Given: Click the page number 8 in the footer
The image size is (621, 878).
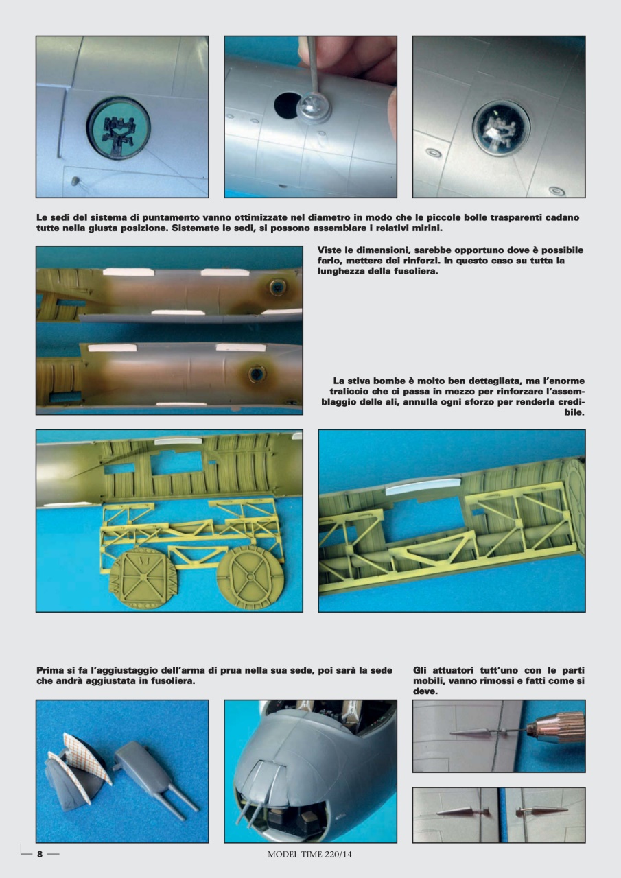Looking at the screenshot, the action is point(40,854).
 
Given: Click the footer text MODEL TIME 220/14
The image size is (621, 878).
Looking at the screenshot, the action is point(309,854).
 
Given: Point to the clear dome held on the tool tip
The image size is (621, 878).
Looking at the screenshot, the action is point(313,108).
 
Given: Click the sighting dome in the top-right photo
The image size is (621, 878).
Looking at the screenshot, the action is point(501,128).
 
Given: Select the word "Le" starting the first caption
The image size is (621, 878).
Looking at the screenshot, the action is point(42,217).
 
